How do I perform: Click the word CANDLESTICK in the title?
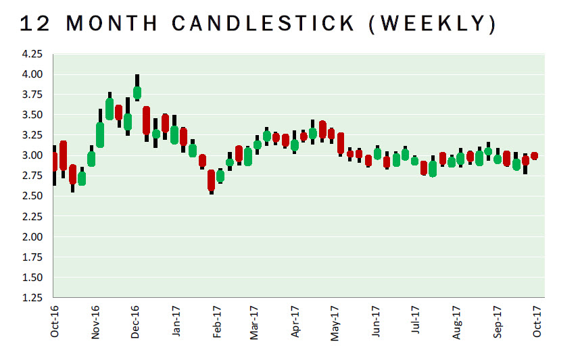pyautogui.click(x=264, y=23)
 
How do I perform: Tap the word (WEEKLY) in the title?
pyautogui.click(x=435, y=23)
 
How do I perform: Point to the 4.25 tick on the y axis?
pyautogui.click(x=33, y=53)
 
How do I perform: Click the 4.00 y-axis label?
pyautogui.click(x=33, y=74)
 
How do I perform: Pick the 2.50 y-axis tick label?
pyautogui.click(x=33, y=196)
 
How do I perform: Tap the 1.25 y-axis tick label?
pyautogui.click(x=33, y=298)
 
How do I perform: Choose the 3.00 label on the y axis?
pyautogui.click(x=33, y=155)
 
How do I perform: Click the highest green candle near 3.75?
pyautogui.click(x=137, y=93)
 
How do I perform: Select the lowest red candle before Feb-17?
pyautogui.click(x=212, y=180)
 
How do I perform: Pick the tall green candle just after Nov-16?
pyautogui.click(x=100, y=134)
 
